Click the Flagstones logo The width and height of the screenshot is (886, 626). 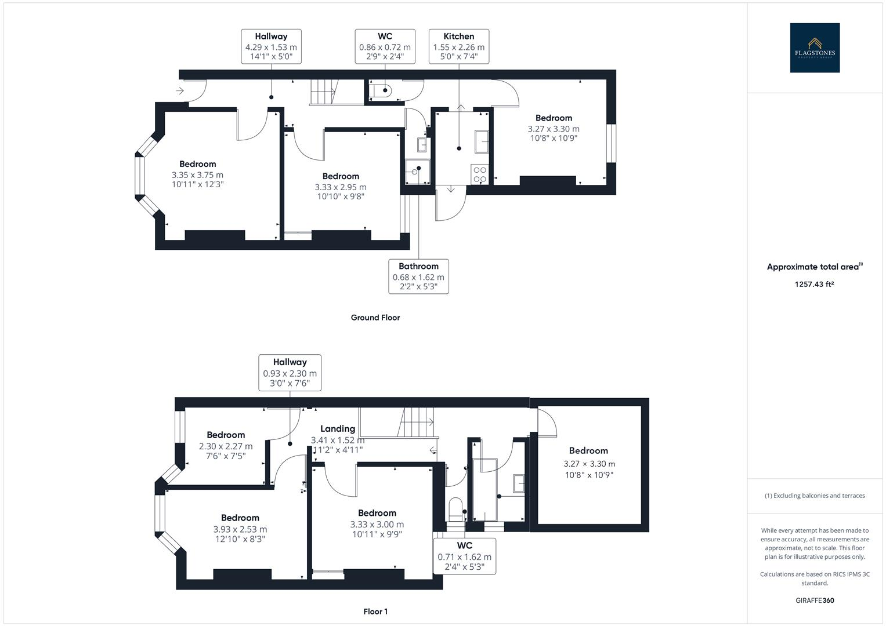(815, 48)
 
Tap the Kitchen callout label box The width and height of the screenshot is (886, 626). (459, 46)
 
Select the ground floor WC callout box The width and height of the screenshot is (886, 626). (385, 46)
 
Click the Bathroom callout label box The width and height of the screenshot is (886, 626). (418, 276)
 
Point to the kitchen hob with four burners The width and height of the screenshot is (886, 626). (480, 174)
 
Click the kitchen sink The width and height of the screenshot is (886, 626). (482, 141)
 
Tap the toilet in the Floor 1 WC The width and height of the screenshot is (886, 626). (455, 509)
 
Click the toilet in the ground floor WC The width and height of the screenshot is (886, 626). (380, 90)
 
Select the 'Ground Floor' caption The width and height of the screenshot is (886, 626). (375, 318)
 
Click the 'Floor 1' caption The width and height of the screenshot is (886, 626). (375, 612)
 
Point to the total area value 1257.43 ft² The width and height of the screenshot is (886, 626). (815, 284)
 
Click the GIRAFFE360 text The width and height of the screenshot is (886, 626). (815, 600)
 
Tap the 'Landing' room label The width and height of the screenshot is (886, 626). (338, 428)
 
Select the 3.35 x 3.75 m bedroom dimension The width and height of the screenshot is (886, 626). (197, 174)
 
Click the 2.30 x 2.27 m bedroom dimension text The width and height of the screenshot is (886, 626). (226, 446)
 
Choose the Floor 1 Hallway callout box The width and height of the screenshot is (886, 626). (290, 373)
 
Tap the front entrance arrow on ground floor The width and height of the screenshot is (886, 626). (180, 91)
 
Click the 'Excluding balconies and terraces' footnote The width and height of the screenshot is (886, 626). (815, 496)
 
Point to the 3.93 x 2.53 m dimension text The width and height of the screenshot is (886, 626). (240, 529)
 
